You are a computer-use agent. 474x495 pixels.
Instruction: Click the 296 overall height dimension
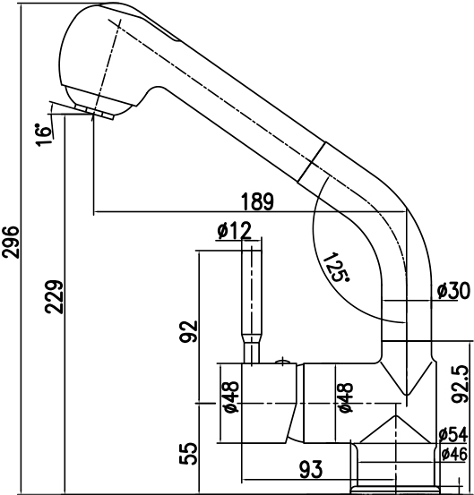pos(10,242)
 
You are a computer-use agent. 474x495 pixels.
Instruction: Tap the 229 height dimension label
pos(55,297)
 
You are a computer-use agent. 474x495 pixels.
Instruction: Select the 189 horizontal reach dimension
pos(257,201)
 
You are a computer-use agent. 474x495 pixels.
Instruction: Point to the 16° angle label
pos(44,135)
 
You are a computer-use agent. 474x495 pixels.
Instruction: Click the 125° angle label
pos(336,267)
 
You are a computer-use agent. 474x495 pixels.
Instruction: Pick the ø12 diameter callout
pos(235,231)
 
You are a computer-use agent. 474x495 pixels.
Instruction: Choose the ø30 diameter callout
pos(453,291)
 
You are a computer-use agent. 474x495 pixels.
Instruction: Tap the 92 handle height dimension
pos(188,331)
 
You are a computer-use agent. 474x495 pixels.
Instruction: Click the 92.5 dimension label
pos(460,384)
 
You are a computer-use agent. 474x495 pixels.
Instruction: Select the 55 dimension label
pos(188,454)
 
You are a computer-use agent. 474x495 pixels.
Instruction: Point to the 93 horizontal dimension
pos(311,469)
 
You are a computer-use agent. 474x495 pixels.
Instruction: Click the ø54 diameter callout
pos(453,435)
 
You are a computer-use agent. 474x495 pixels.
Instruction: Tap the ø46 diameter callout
pos(454,455)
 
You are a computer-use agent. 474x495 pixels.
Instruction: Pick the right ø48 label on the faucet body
pos(345,397)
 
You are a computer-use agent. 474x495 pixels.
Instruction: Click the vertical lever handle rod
pos(252,302)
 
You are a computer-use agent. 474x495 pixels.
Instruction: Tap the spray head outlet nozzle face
pos(94,111)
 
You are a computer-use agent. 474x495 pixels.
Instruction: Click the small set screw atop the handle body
pos(283,361)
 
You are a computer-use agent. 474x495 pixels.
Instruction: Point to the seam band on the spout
pos(312,162)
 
